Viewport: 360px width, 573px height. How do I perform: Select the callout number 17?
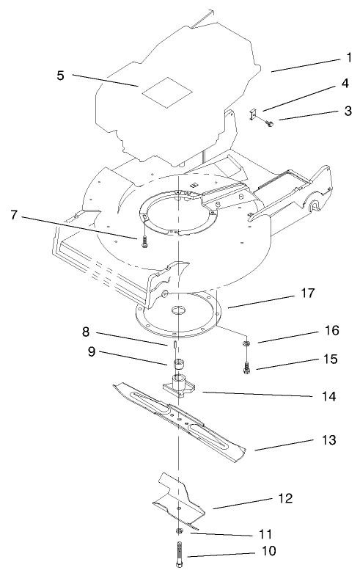[328, 293]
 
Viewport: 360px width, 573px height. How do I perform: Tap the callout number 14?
[328, 396]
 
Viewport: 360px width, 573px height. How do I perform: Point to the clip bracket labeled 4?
[251, 114]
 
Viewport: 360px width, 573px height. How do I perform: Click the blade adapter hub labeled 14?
[178, 386]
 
